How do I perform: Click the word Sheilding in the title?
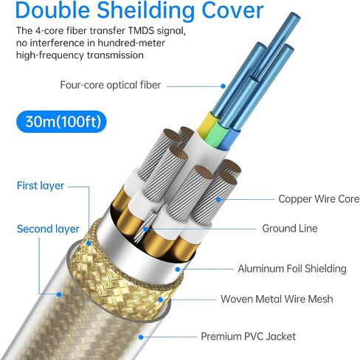[x=145, y=11]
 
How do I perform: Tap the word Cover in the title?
[x=232, y=10]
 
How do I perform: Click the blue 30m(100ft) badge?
[x=61, y=122]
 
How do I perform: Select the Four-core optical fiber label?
[x=111, y=85]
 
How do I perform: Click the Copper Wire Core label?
[x=319, y=199]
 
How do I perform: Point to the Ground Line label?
[x=290, y=229]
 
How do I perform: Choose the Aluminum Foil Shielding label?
[x=292, y=269]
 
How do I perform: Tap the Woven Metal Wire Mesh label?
[x=277, y=299]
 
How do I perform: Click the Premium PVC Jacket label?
[x=248, y=336]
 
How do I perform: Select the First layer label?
[x=41, y=186]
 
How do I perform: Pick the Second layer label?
[x=48, y=229]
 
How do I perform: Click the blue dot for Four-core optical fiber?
[x=223, y=86]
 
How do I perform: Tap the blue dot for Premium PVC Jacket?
[x=141, y=337]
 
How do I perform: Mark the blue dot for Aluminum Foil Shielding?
[x=178, y=269]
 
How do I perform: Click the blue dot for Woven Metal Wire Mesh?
[x=161, y=300]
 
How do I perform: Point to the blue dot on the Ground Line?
[x=146, y=229]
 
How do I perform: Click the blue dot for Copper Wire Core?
[x=218, y=199]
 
